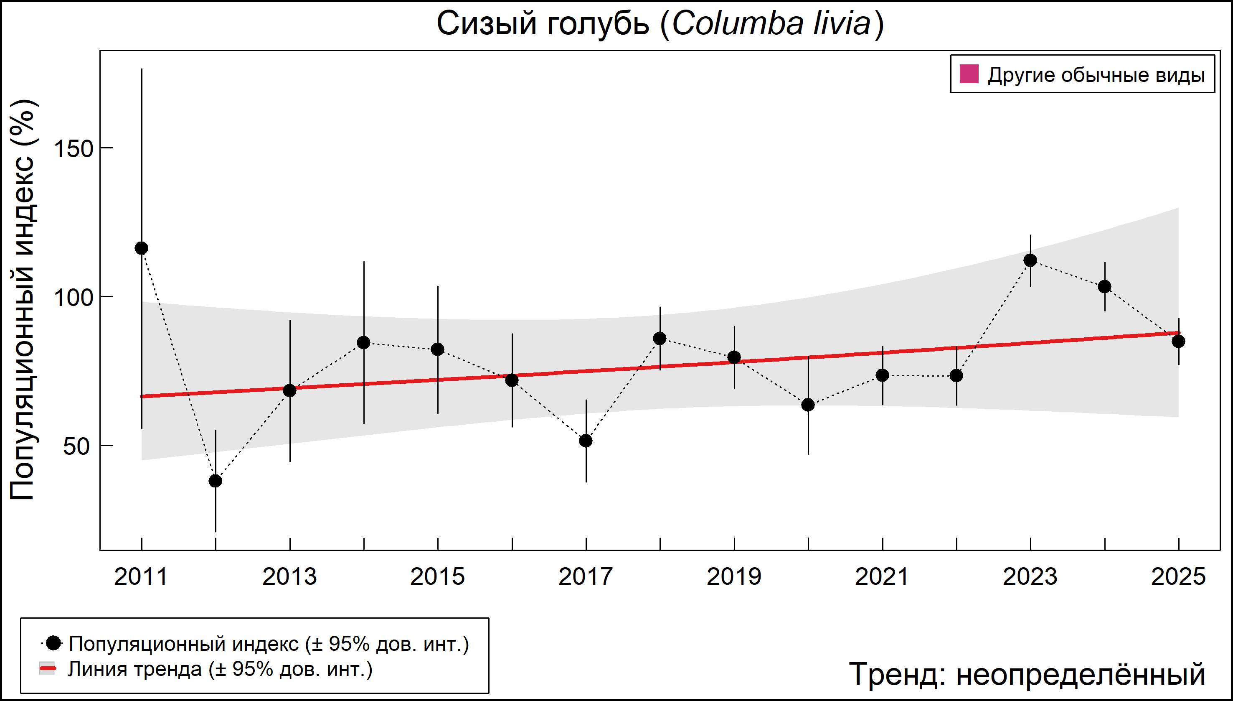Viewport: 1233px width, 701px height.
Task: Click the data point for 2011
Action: [142, 248]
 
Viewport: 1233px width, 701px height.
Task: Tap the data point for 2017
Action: [586, 441]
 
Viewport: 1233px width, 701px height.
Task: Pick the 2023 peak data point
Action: [1030, 260]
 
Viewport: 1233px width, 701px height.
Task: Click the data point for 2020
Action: [808, 405]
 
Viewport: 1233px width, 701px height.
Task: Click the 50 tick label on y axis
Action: [76, 446]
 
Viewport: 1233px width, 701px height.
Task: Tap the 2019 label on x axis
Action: [734, 577]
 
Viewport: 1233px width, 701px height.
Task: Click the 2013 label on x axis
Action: [289, 577]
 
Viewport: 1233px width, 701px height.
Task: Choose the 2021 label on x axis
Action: [882, 577]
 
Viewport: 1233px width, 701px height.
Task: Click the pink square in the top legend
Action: [969, 75]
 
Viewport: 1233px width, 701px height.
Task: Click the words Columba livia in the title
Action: [771, 24]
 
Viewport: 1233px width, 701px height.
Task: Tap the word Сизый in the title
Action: [486, 24]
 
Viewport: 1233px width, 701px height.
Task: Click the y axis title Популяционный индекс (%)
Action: [23, 299]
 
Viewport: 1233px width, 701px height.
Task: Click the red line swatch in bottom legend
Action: [47, 669]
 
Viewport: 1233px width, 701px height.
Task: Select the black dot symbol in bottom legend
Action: [54, 643]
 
